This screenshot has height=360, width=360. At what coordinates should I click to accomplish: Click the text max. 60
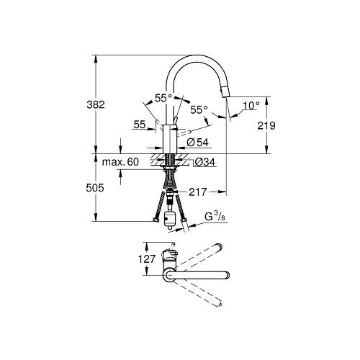120,163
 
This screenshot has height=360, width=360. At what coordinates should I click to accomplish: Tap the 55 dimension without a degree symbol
140,125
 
